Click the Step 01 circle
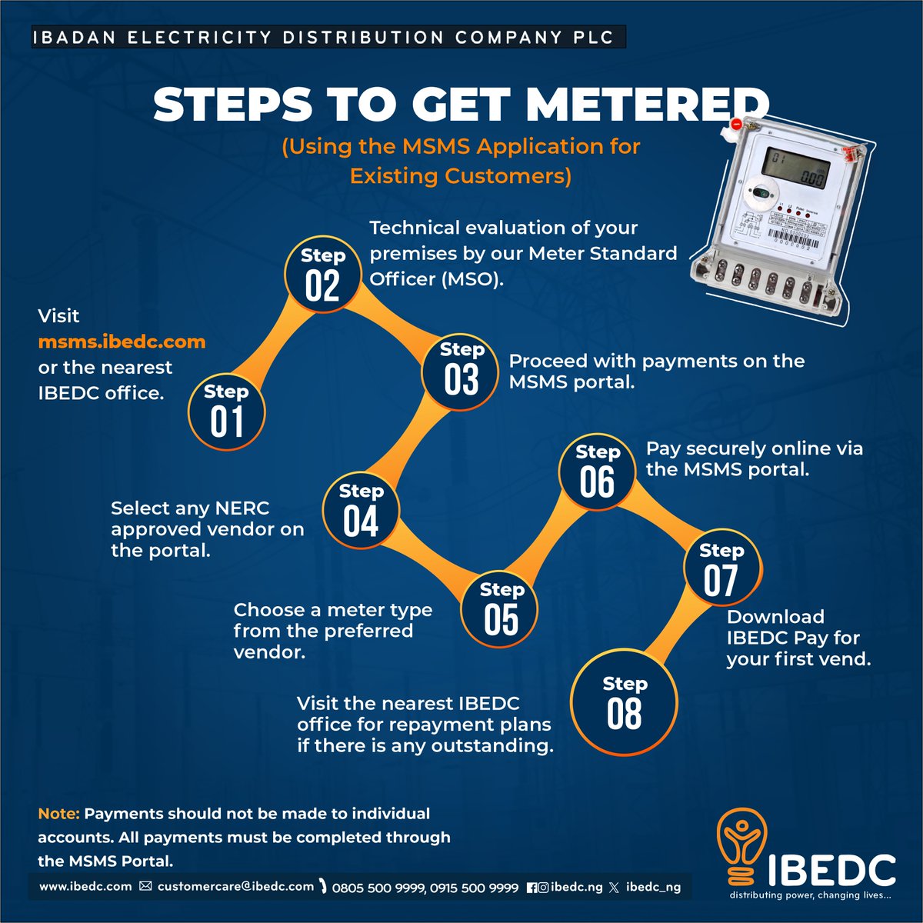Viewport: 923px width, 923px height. point(227,412)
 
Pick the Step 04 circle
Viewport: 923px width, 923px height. point(361,511)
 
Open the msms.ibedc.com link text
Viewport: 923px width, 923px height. point(122,342)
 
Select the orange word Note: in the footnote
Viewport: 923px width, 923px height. point(58,814)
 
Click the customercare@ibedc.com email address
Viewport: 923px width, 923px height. point(235,887)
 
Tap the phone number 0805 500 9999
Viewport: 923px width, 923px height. point(378,888)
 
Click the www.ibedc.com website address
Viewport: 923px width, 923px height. point(85,887)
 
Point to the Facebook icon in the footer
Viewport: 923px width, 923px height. point(531,888)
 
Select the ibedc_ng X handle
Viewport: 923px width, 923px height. point(653,887)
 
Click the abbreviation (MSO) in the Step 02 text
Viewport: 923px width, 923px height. point(472,278)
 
